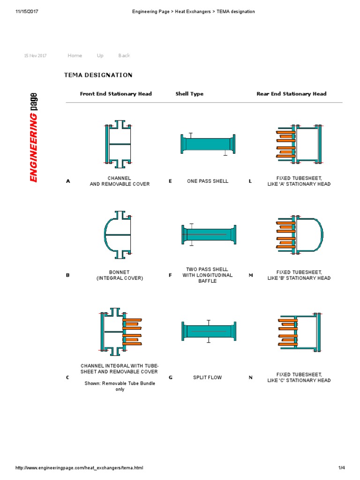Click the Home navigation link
[75, 55]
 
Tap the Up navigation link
[100, 55]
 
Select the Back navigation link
[124, 55]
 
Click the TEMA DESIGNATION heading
[98, 75]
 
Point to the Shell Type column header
[189, 94]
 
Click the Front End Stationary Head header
[116, 94]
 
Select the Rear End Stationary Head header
[291, 94]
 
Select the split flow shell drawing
[209, 331]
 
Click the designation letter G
[171, 377]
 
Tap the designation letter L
[250, 181]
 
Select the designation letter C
[68, 377]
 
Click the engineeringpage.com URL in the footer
[79, 468]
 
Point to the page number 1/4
[341, 468]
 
